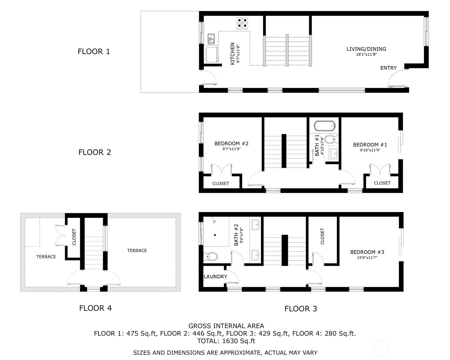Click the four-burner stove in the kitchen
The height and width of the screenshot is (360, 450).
click(x=242, y=24)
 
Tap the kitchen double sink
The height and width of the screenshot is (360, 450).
click(x=211, y=39)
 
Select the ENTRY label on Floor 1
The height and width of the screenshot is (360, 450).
click(x=388, y=68)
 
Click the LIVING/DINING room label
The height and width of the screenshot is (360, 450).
click(x=366, y=49)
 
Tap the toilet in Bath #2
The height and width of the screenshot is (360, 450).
click(x=211, y=257)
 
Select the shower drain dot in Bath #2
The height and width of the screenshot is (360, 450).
click(x=215, y=235)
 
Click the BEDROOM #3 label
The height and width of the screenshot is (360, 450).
click(x=367, y=252)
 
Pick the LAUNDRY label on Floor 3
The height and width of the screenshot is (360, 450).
click(x=215, y=277)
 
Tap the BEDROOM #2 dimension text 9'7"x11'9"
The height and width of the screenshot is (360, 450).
click(x=232, y=149)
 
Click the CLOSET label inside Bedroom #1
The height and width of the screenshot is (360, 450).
click(x=382, y=183)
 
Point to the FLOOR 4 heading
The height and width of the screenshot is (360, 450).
click(x=95, y=308)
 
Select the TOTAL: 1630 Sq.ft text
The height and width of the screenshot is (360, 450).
click(x=226, y=341)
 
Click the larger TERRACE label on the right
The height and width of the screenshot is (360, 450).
click(x=137, y=250)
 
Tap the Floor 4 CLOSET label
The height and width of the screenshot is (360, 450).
click(x=74, y=237)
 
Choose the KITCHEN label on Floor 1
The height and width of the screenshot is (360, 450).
click(x=232, y=54)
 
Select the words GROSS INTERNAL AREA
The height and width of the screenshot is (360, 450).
click(x=226, y=326)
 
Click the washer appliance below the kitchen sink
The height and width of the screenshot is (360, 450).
click(x=212, y=55)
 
